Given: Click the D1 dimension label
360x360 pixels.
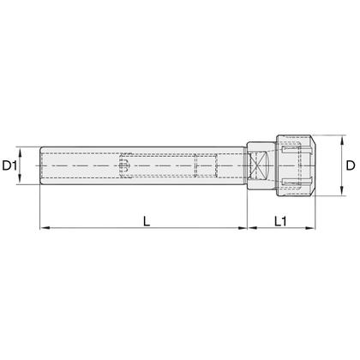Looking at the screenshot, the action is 10,165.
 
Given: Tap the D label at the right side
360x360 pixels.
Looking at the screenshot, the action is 351,165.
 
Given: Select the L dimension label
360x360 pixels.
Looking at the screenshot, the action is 147,221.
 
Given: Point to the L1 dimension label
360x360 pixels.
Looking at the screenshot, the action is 280,221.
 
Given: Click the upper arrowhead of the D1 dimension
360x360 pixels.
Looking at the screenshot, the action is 20,152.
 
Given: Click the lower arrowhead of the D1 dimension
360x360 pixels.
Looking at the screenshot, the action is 20,179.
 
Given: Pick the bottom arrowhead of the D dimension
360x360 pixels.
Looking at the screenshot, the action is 341,191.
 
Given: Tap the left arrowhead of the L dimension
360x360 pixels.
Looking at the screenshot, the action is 45,228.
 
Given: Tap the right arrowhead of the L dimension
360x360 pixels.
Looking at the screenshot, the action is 242,228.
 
